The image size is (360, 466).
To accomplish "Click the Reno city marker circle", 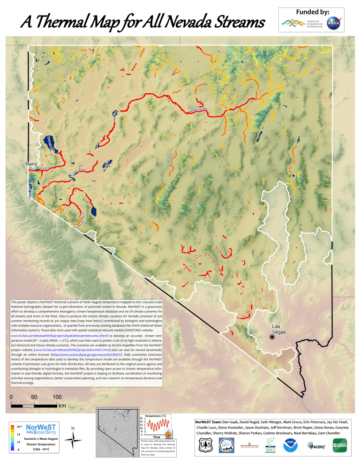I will pyautogui.click(x=38, y=170).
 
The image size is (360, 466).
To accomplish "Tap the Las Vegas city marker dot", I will pyautogui.click(x=272, y=337).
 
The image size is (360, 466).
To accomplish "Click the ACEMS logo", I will pyautogui.click(x=316, y=446).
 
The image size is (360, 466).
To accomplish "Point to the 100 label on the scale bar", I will pyautogui.click(x=57, y=397).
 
